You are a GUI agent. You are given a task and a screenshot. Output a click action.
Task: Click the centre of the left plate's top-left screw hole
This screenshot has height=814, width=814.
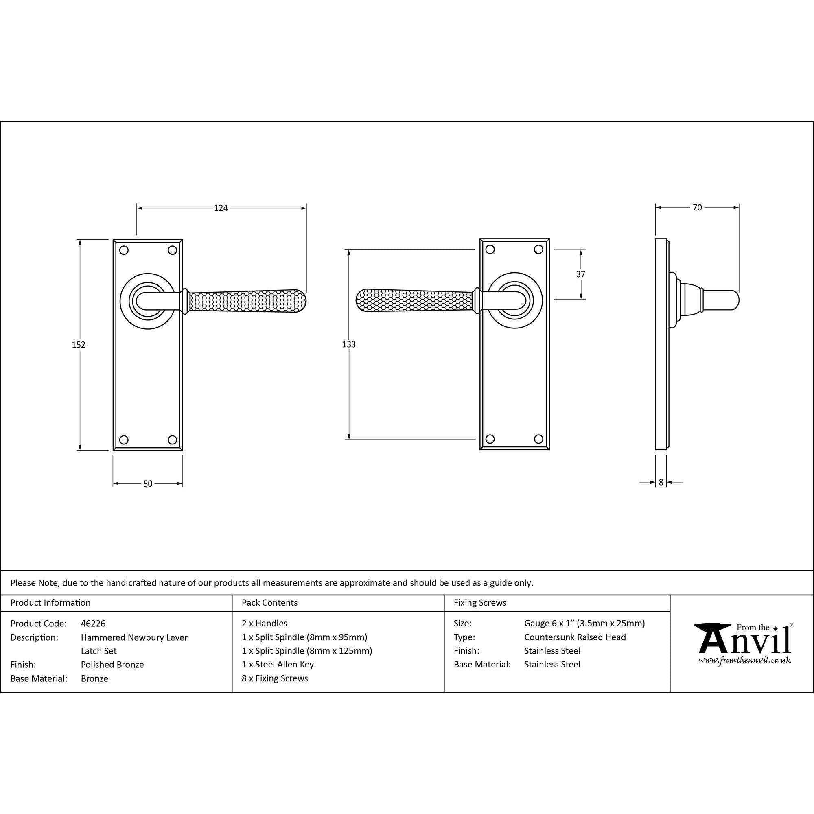pos(124,250)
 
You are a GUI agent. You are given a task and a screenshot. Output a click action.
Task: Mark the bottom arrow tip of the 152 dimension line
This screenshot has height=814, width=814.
pos(80,450)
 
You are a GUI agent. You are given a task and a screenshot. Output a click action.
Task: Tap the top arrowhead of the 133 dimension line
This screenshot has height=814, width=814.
pos(348,250)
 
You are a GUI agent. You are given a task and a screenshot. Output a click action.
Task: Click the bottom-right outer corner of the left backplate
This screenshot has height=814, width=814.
pos(183,451)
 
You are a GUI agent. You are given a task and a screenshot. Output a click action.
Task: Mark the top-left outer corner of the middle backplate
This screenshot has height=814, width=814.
pos(480,239)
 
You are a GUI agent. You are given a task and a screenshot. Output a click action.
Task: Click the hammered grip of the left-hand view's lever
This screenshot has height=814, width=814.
pos(248,302)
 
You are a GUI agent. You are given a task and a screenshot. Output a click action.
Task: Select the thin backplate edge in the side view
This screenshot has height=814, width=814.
pos(661,344)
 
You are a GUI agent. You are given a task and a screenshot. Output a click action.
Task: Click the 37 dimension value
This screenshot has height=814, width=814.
pos(581,274)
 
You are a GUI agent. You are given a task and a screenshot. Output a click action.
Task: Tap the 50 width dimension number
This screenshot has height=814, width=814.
pos(148,484)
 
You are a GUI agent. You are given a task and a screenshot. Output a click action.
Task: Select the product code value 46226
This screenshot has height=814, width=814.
pos(93,623)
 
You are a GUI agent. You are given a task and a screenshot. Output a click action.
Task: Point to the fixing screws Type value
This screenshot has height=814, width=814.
pos(575,637)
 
